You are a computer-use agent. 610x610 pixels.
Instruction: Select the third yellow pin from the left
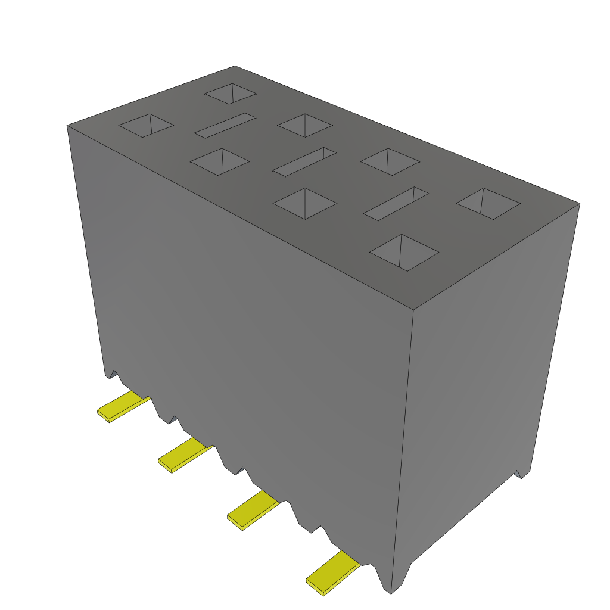pos(253,511)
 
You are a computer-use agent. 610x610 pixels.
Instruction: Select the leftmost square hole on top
pos(146,125)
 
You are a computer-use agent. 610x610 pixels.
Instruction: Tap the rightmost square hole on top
pos(488,204)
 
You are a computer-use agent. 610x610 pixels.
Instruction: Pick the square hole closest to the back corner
pos(231,94)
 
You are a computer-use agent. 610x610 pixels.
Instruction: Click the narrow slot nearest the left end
pos(225,125)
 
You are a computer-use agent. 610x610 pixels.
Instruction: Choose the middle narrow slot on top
pos(304,161)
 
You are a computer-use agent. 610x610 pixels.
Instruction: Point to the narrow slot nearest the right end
pos(396,204)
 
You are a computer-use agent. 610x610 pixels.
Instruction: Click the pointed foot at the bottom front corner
pos(392,587)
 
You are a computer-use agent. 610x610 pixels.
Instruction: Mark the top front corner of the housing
pos(413,310)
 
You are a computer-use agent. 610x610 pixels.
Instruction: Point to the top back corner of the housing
pos(235,66)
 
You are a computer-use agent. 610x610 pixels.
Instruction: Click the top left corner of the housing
pos(67,126)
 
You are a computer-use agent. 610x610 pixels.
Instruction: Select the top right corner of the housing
pos(579,204)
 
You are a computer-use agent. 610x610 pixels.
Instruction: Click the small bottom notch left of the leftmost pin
pos(111,375)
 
